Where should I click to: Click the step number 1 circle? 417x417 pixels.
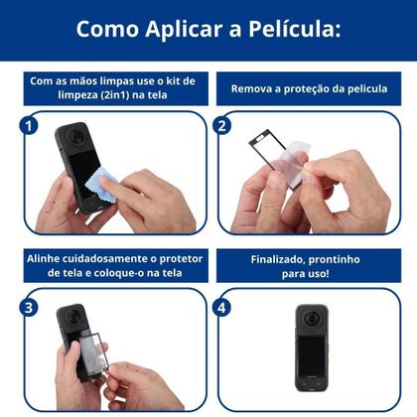[x=29, y=126]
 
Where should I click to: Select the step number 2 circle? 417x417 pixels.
[x=222, y=126]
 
